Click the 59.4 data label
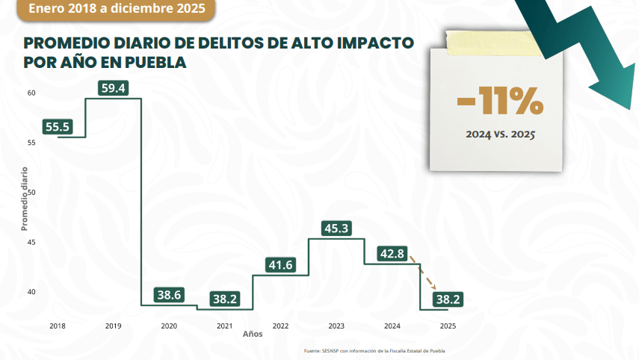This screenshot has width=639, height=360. tap(114, 88)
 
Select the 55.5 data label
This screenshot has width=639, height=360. tap(58, 127)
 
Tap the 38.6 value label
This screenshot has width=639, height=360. tap(169, 295)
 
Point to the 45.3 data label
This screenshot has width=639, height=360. tap(336, 229)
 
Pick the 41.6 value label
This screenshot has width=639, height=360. tap(280, 264)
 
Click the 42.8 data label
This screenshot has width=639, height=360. tap(392, 254)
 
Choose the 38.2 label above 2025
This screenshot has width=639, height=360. tap(447, 299)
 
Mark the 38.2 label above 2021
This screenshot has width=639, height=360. tap(225, 299)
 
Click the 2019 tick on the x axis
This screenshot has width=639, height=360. tap(114, 326)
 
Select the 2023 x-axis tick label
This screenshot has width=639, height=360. tap(336, 326)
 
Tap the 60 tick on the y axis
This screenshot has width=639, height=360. tap(31, 93)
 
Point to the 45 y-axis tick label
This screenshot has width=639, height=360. tap(31, 242)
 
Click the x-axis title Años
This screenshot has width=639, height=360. tap(253, 334)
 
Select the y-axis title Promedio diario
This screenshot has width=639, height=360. tap(24, 198)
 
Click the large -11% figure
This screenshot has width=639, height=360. tap(499, 104)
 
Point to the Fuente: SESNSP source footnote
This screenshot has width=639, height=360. tap(379, 351)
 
